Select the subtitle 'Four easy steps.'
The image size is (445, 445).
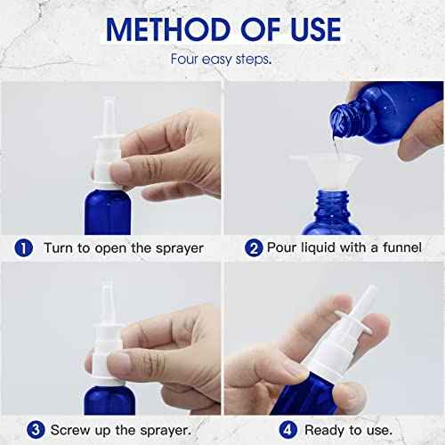222,61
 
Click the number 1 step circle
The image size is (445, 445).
25,247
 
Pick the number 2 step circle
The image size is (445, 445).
253,247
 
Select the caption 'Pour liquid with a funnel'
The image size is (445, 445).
345,247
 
